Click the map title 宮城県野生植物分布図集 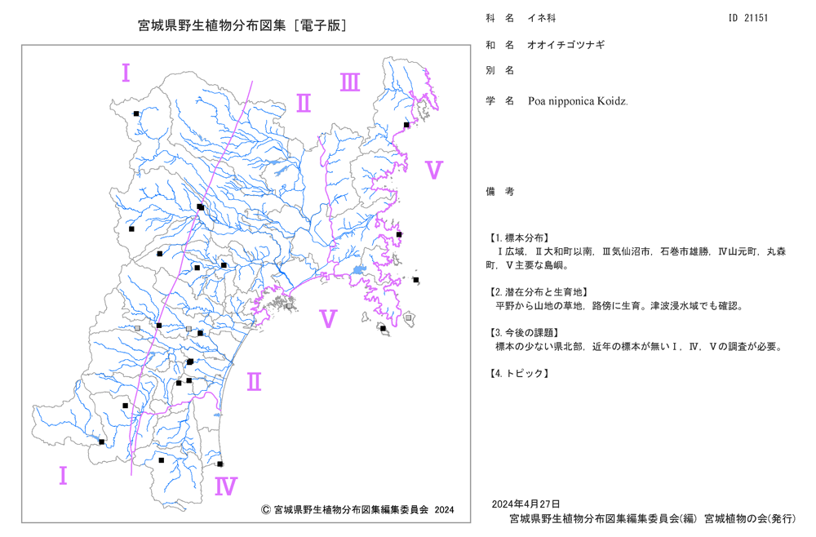tap(212, 25)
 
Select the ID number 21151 tap(756, 18)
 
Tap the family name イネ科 tap(541, 18)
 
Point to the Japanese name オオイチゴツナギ tap(566, 45)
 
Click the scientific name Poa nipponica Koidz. tap(578, 101)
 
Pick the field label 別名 tap(500, 70)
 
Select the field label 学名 tap(500, 101)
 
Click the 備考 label tap(500, 192)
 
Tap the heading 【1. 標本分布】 tap(518, 237)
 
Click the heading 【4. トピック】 tap(518, 373)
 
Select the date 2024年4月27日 tap(526, 504)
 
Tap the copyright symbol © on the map tap(265, 510)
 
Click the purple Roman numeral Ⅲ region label tap(350, 82)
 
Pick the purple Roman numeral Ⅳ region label tap(226, 486)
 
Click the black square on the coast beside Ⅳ tap(220, 464)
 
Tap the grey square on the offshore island tap(409, 317)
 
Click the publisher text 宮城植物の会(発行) tap(749, 518)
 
